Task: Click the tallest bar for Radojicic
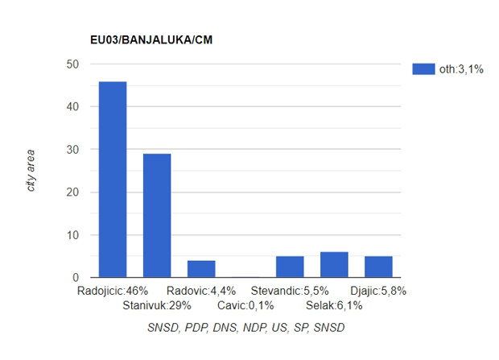coord(113,180)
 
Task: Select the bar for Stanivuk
coord(157,216)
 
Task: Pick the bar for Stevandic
coord(290,267)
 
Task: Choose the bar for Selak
coord(334,265)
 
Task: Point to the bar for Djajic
coord(378,267)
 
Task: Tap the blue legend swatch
coord(423,68)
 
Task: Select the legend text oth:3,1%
coord(461,69)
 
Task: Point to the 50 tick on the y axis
coord(73,64)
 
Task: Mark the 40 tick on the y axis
coord(73,106)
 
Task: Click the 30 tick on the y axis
coord(73,150)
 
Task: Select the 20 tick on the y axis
coord(73,192)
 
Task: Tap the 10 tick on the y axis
coord(73,235)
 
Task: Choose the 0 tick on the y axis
coord(76,278)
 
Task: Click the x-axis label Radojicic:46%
coord(113,291)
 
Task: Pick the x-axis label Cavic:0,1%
coord(245,305)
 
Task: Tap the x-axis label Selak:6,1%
coord(334,305)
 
